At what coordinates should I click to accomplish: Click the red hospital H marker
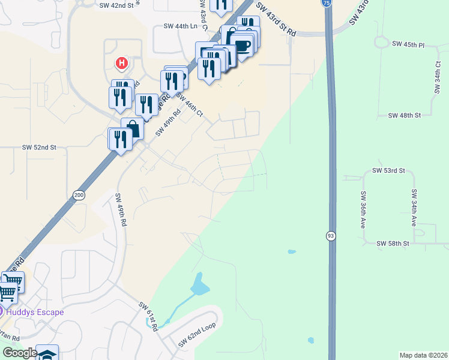[122, 62]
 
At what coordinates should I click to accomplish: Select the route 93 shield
[331, 235]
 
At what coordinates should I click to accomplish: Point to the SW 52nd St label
[39, 147]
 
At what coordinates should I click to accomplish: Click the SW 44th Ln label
[180, 26]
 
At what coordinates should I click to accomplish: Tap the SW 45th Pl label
[408, 44]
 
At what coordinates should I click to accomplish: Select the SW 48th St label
[405, 115]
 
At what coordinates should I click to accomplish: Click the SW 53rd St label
[389, 171]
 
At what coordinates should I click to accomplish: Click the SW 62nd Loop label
[196, 337]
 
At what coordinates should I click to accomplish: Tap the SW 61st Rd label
[148, 316]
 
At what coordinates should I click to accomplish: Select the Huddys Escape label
[35, 312]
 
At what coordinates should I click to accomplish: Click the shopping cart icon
[7, 293]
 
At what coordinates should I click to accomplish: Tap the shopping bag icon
[133, 128]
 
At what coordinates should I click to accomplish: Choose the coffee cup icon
[242, 45]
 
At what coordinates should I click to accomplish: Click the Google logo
[20, 353]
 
